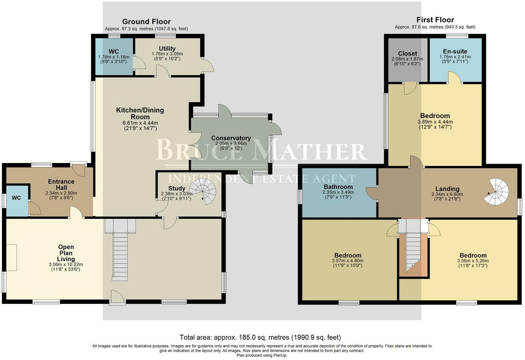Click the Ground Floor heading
[146, 22]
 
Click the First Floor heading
[435, 20]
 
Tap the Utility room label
[167, 49]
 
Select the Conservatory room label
[231, 138]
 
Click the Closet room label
[407, 54]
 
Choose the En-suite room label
[455, 52]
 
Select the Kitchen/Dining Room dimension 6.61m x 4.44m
[140, 123]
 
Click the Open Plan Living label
[66, 253]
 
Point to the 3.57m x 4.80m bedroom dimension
[348, 260]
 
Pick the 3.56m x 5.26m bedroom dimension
[473, 260]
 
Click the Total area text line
[260, 337]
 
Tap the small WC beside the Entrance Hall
[16, 198]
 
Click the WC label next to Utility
[114, 52]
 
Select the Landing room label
[448, 189]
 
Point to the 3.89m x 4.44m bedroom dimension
[435, 122]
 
